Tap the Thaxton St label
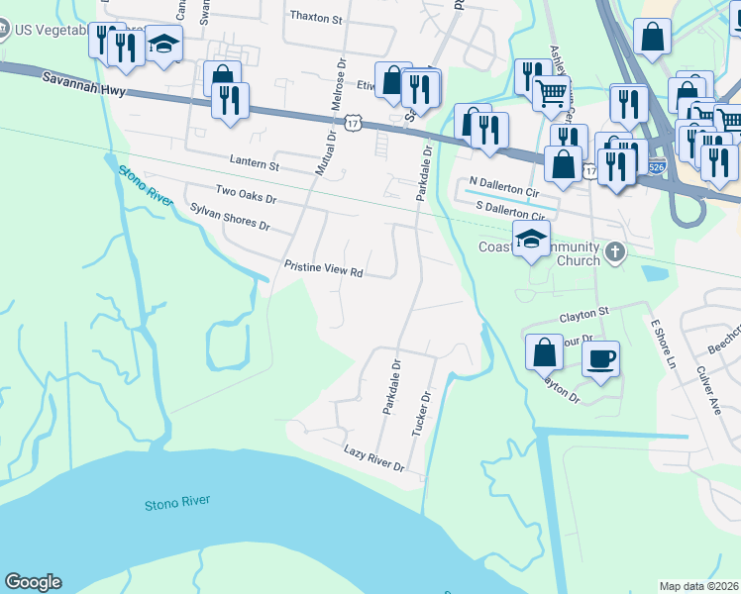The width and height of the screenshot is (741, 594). point(316,18)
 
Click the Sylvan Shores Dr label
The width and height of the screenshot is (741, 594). point(230,217)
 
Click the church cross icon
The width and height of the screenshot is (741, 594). point(614,251)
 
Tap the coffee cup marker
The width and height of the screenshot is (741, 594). point(600,358)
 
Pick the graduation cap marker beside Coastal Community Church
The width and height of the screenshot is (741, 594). point(531,239)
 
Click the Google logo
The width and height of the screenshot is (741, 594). point(33,582)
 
